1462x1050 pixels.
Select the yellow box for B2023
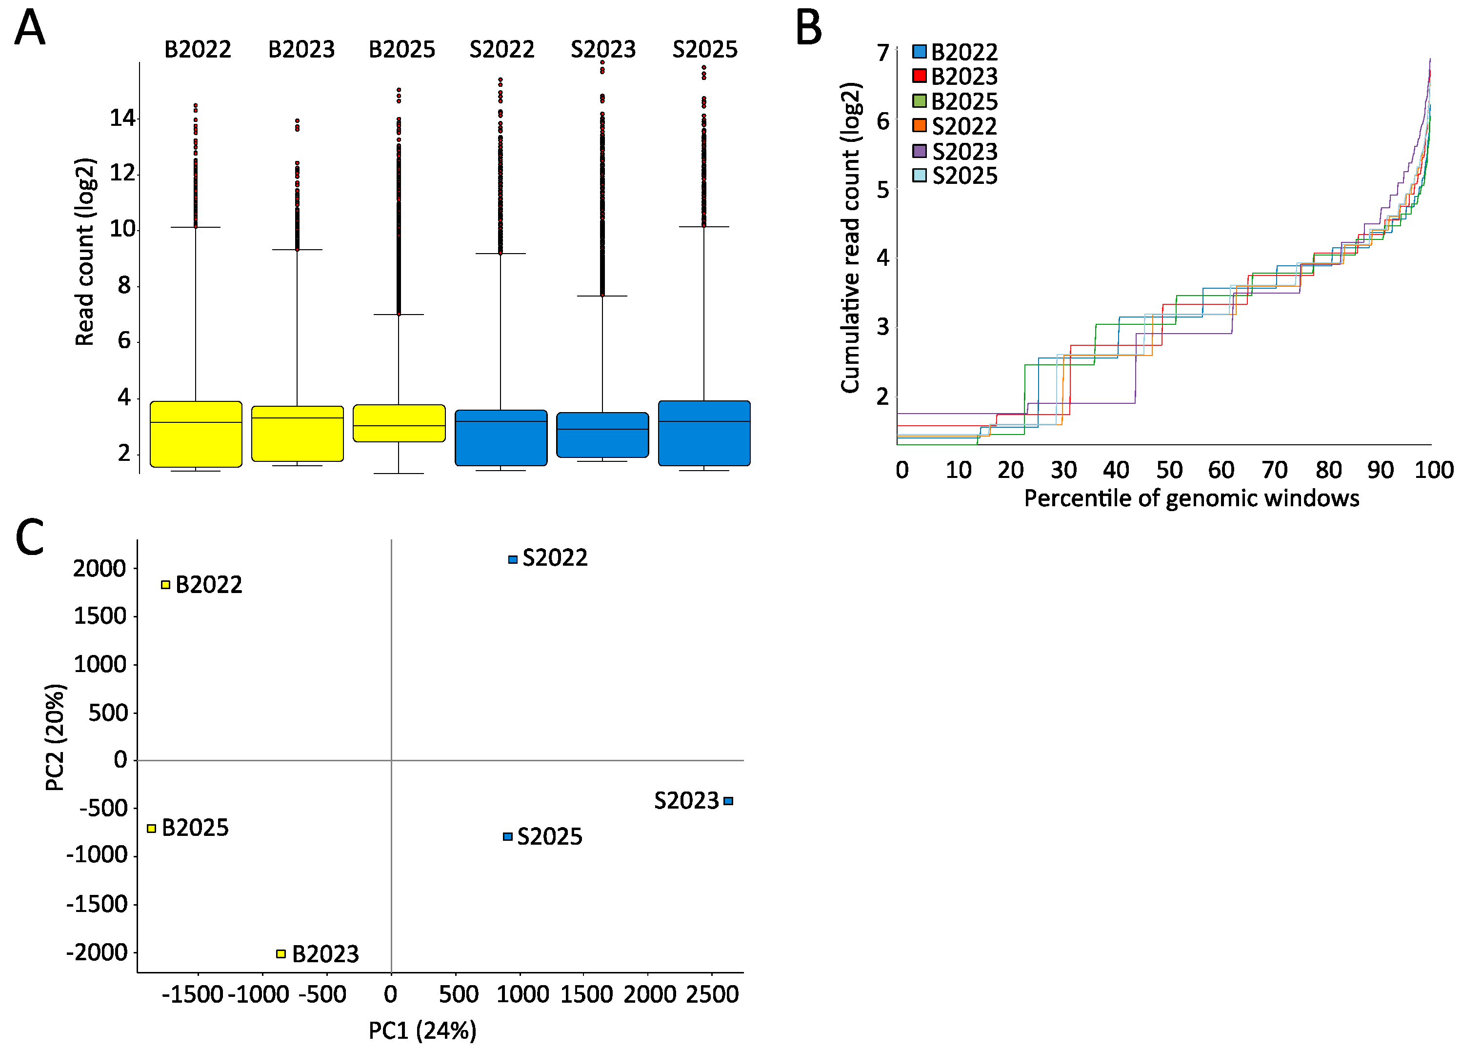297,434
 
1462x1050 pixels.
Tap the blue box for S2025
704,433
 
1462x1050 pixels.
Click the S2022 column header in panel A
501,50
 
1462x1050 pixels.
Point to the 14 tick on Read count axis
122,119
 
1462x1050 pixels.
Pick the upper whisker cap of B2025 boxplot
399,315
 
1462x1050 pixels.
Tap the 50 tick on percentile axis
1169,470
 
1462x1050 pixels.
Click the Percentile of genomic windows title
1191,498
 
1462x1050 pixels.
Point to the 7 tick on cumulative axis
882,53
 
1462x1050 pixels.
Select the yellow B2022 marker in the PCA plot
166,585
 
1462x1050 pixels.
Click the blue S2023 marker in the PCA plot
728,801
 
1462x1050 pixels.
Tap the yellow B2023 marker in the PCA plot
281,953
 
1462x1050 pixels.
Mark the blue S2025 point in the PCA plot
508,837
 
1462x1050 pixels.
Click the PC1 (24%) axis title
422,1030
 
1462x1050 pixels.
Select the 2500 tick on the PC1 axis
712,994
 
